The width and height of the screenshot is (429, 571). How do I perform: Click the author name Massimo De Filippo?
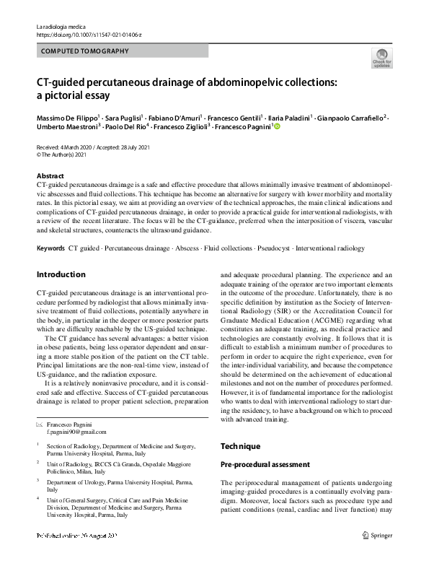click(x=67, y=117)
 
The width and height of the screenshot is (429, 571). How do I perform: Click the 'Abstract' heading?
click(x=50, y=176)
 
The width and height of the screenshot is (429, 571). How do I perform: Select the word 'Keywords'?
click(x=50, y=248)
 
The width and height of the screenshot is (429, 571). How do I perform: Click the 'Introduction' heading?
click(x=61, y=275)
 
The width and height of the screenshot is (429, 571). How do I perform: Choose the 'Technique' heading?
click(x=240, y=446)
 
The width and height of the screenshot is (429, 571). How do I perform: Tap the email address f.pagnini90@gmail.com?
click(x=76, y=431)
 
